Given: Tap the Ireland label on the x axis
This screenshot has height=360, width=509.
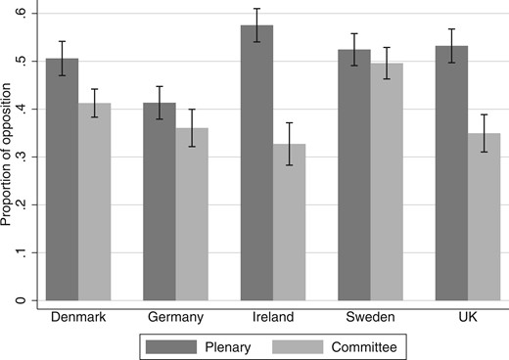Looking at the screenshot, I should point(273,316).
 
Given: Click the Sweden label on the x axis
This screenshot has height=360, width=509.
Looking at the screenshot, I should point(370,316).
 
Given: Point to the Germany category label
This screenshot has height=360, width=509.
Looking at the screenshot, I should point(175,316).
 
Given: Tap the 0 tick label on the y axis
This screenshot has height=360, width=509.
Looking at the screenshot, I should point(21,300).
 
